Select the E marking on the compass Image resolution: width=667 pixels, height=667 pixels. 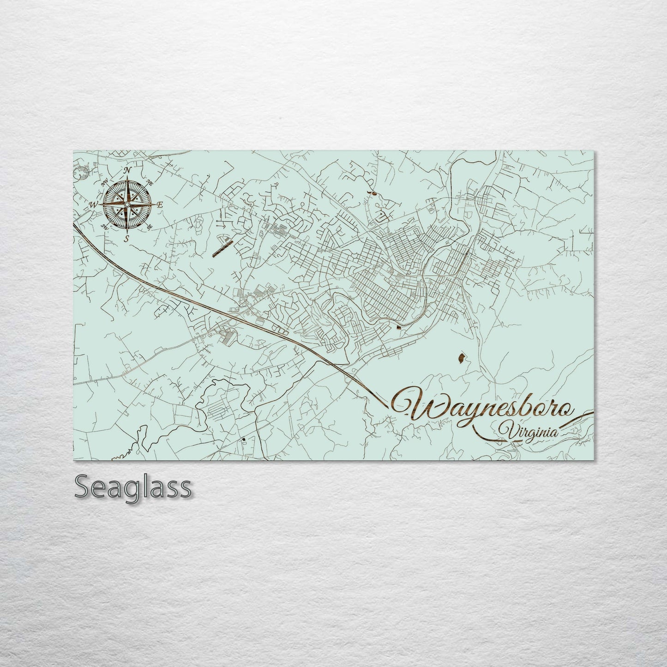[x=160, y=204]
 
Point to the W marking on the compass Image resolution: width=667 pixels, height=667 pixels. [x=94, y=204]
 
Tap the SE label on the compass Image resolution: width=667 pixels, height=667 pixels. [x=150, y=227]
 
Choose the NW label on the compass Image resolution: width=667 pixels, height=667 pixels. [x=105, y=182]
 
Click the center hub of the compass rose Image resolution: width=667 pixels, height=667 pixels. [x=127, y=204]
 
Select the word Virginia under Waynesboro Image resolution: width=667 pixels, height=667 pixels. [x=530, y=432]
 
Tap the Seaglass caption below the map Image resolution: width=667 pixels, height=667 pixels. [x=132, y=487]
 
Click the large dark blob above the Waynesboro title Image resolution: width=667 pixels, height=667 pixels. [x=460, y=357]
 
